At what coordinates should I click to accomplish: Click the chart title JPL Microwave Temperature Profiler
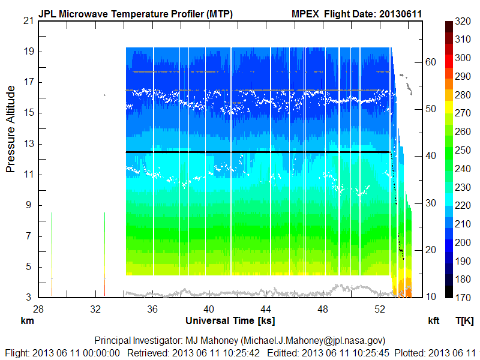(136, 13)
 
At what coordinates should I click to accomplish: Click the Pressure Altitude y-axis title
(11, 128)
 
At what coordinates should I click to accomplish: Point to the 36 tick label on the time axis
(152, 310)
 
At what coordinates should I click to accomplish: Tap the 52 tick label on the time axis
(380, 310)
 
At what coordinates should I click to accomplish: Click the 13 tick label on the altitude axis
(28, 143)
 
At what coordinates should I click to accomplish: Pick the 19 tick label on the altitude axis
(28, 52)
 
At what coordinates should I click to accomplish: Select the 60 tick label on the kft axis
(430, 62)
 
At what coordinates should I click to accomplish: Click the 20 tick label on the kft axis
(430, 250)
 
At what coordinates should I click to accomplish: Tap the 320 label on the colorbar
(463, 20)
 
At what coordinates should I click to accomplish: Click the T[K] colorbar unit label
(464, 320)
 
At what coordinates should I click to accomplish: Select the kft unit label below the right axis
(434, 320)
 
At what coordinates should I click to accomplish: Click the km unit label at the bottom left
(28, 320)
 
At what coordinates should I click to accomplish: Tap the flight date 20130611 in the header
(401, 13)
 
